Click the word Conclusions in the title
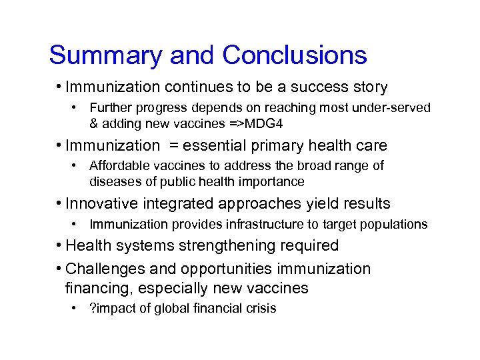point(295,55)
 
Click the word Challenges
point(105,269)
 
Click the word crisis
point(261,308)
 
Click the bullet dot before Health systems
point(60,245)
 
